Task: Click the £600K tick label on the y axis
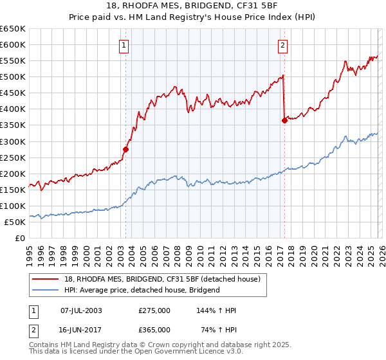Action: click(13, 45)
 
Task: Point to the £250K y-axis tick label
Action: click(13, 157)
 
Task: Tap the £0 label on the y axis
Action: click(20, 238)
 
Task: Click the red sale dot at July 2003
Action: click(126, 149)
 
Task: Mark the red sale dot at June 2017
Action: click(284, 120)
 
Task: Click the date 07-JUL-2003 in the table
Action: click(81, 310)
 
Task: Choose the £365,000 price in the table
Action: click(154, 330)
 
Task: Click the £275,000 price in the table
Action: click(154, 310)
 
